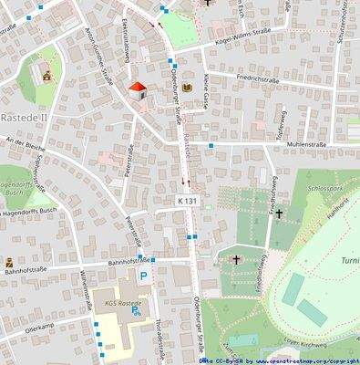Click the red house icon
(x=137, y=89)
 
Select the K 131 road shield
(x=188, y=199)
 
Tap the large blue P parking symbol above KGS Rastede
(x=143, y=276)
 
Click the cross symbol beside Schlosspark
(x=279, y=214)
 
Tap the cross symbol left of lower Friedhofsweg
(x=236, y=260)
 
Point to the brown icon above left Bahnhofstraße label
(x=9, y=263)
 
